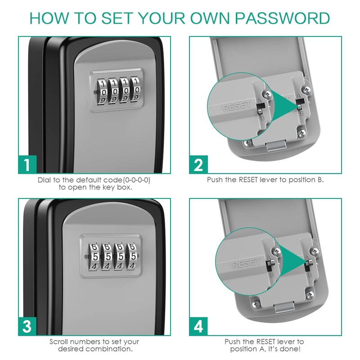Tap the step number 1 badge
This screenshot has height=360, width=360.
pyautogui.click(x=27, y=165)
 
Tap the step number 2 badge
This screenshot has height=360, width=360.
pyautogui.click(x=198, y=165)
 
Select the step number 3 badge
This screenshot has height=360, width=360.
pyautogui.click(x=27, y=326)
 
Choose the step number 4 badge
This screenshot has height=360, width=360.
pyautogui.click(x=198, y=326)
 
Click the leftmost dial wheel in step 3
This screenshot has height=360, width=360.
pyautogui.click(x=94, y=256)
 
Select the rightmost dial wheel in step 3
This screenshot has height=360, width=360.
pyautogui.click(x=133, y=256)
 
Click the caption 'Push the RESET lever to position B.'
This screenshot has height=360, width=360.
pyautogui.click(x=265, y=180)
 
